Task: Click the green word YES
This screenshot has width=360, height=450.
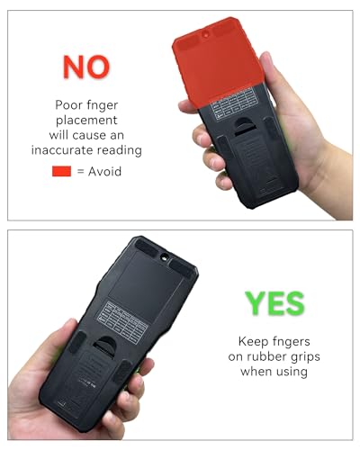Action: pyautogui.click(x=274, y=302)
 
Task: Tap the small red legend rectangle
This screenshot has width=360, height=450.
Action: pyautogui.click(x=62, y=171)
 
